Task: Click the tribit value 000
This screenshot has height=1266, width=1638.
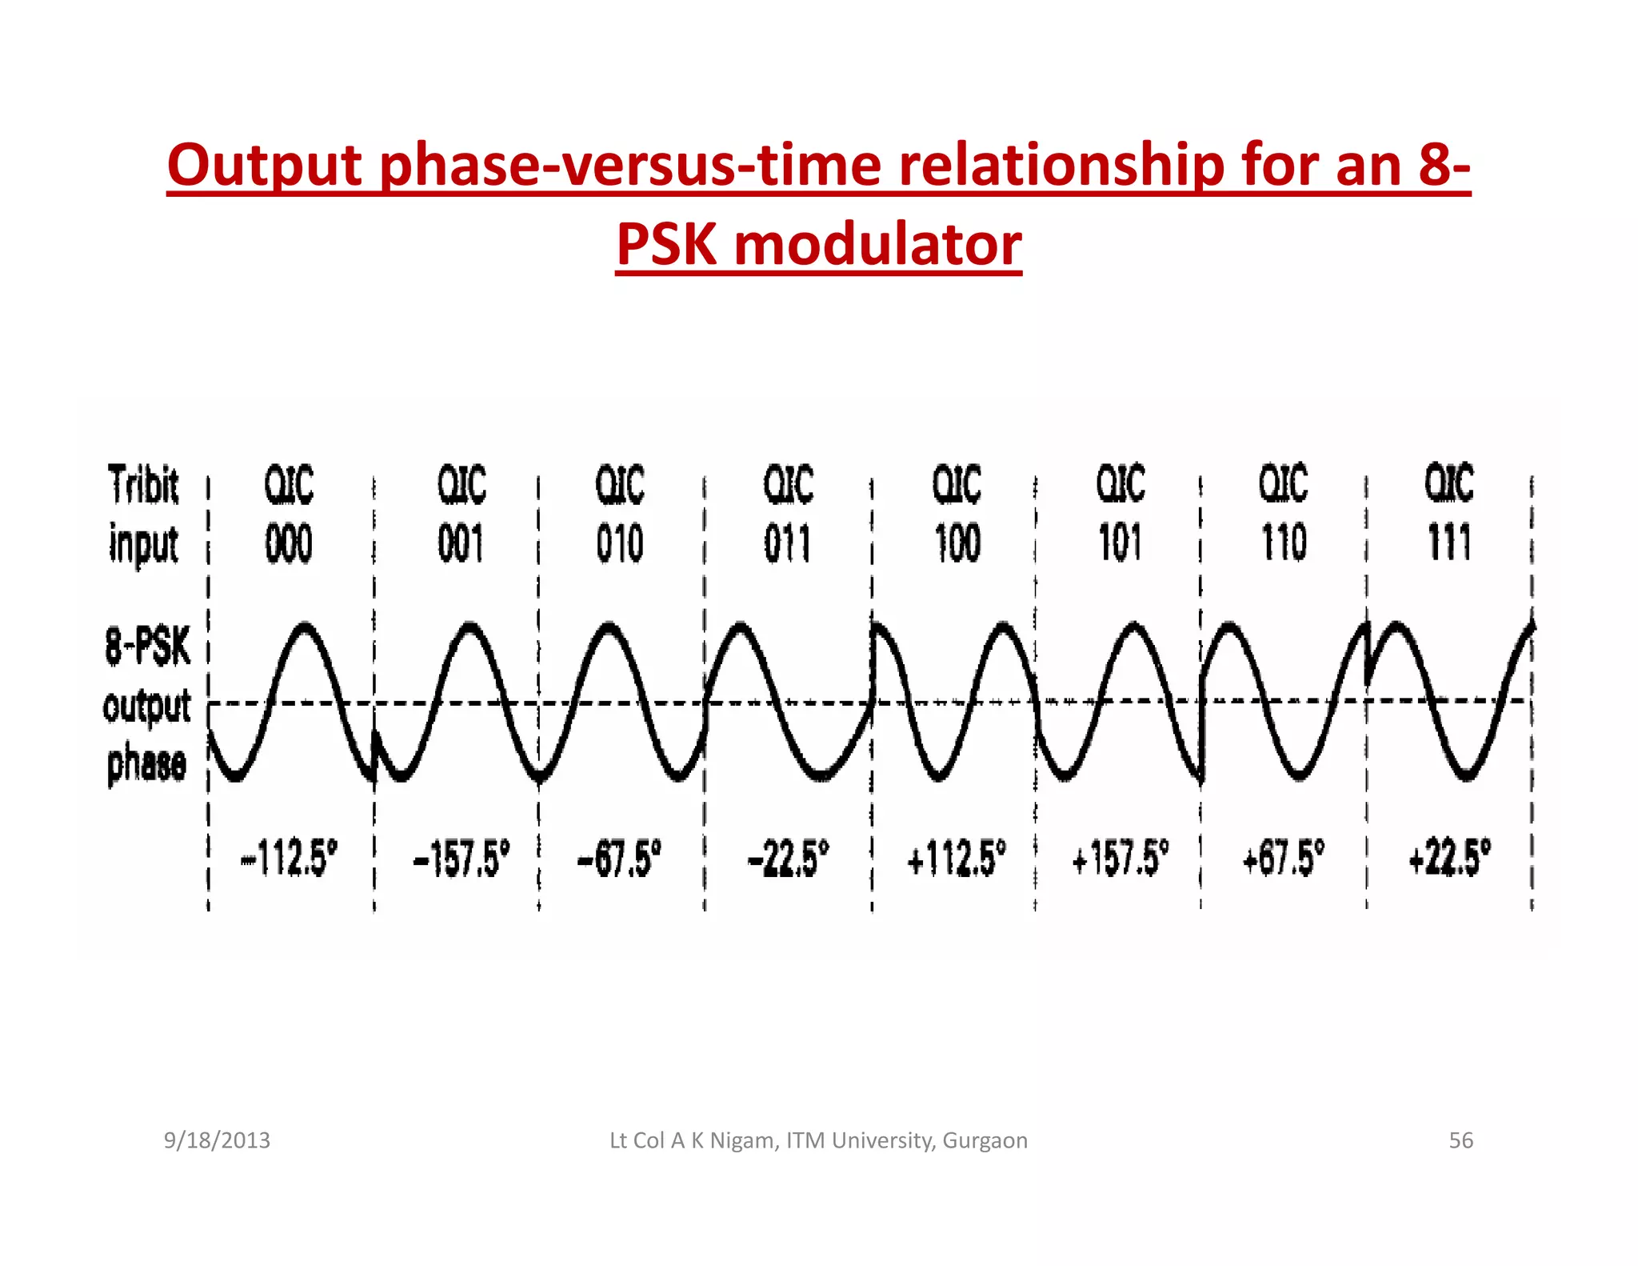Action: [289, 544]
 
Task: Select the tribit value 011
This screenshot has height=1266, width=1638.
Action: [787, 544]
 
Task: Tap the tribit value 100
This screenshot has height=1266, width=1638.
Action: [957, 543]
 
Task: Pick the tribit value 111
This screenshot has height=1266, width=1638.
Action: [1449, 543]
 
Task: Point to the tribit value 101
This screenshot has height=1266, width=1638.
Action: [1121, 543]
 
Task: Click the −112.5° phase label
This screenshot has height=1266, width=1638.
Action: [290, 859]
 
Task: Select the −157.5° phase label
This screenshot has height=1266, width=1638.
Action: [461, 859]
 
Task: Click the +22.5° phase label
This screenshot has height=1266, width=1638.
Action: [1450, 858]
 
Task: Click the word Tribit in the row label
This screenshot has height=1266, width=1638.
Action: [144, 485]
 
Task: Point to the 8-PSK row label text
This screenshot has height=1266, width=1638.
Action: [148, 647]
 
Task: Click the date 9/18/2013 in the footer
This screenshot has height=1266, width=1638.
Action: [217, 1140]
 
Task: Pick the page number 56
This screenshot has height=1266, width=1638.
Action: [1460, 1140]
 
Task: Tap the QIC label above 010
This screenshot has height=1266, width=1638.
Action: [620, 485]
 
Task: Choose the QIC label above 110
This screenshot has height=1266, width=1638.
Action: [1284, 483]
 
